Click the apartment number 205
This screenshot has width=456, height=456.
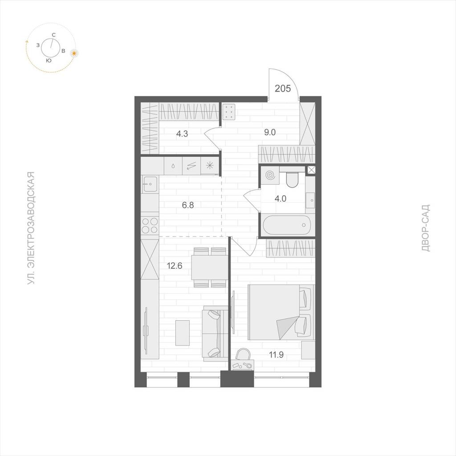click(x=283, y=88)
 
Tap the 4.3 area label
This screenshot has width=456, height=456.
click(x=182, y=134)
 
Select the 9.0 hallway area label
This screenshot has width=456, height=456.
click(x=269, y=132)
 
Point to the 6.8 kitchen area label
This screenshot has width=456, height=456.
click(x=188, y=205)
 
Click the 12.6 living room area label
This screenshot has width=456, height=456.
click(x=175, y=265)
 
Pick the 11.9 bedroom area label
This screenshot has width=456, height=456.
click(x=276, y=355)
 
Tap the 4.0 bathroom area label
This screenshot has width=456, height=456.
click(x=281, y=199)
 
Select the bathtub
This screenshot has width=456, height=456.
click(x=287, y=225)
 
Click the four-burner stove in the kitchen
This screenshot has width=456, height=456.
click(x=150, y=226)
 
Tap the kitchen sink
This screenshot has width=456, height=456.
click(x=150, y=184)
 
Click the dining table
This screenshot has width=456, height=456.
click(x=209, y=268)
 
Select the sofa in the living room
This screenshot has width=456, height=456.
click(x=215, y=334)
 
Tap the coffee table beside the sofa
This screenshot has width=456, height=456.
click(x=183, y=333)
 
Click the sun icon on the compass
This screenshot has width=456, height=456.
click(x=75, y=53)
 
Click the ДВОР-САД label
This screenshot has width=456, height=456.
click(x=425, y=228)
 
